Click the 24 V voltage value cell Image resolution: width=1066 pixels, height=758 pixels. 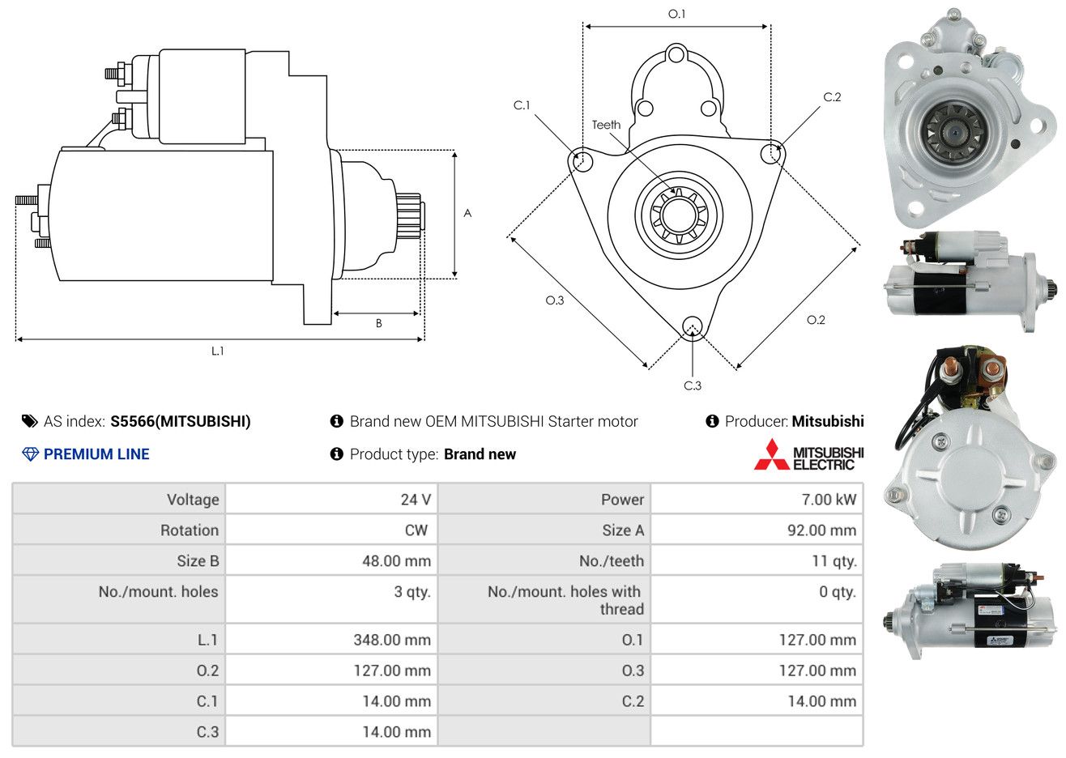pos(416,499)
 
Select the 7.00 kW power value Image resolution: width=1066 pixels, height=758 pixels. pos(829,499)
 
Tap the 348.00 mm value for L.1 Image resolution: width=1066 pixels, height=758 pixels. pos(392,640)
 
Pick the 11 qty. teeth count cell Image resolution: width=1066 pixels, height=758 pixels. pos(834,561)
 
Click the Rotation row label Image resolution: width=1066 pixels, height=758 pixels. pos(190,530)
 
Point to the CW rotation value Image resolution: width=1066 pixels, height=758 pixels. pos(416,530)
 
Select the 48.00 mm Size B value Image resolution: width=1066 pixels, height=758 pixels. pos(396,561)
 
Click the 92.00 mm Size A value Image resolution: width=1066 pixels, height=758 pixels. pos(822,530)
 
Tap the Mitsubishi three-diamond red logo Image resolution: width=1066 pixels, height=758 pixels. pos(772,455)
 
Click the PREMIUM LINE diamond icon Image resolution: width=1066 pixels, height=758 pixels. pos(31,454)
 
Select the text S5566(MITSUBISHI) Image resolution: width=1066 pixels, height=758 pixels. pos(181,422)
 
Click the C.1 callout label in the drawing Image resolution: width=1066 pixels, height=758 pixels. pos(522,105)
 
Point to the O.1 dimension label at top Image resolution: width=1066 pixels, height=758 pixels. pos(676,14)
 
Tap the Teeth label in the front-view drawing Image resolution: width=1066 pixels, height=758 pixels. pos(606,125)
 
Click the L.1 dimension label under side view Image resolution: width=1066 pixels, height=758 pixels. pos(217,351)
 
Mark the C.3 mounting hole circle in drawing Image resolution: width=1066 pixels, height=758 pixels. pos(693,328)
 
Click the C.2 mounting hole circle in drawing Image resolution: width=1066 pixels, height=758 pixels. pos(771,154)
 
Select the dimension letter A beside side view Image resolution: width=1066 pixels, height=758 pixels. pos(467,213)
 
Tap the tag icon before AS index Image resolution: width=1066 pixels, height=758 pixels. pos(29,422)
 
